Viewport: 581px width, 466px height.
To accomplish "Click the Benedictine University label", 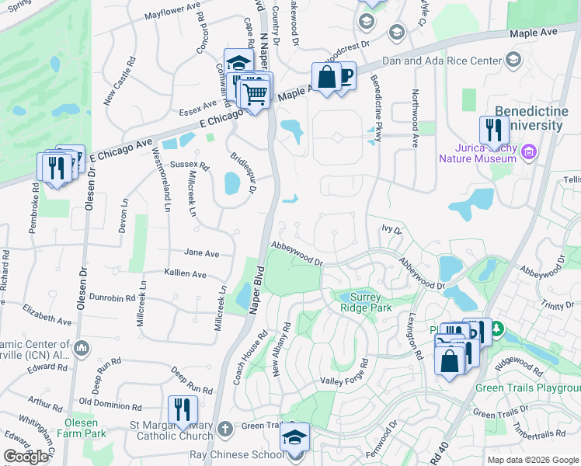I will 537,118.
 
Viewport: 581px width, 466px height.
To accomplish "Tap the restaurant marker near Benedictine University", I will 493,130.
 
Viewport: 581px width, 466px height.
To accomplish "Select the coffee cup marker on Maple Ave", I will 343,76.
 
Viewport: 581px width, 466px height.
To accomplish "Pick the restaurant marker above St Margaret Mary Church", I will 182,409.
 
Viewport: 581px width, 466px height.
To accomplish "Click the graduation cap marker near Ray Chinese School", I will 295,437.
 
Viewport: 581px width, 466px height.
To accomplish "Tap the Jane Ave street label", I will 202,253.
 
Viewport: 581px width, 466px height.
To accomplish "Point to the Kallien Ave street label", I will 185,274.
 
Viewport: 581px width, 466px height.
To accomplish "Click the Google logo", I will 26,457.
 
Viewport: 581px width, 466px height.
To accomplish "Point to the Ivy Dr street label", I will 391,230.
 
